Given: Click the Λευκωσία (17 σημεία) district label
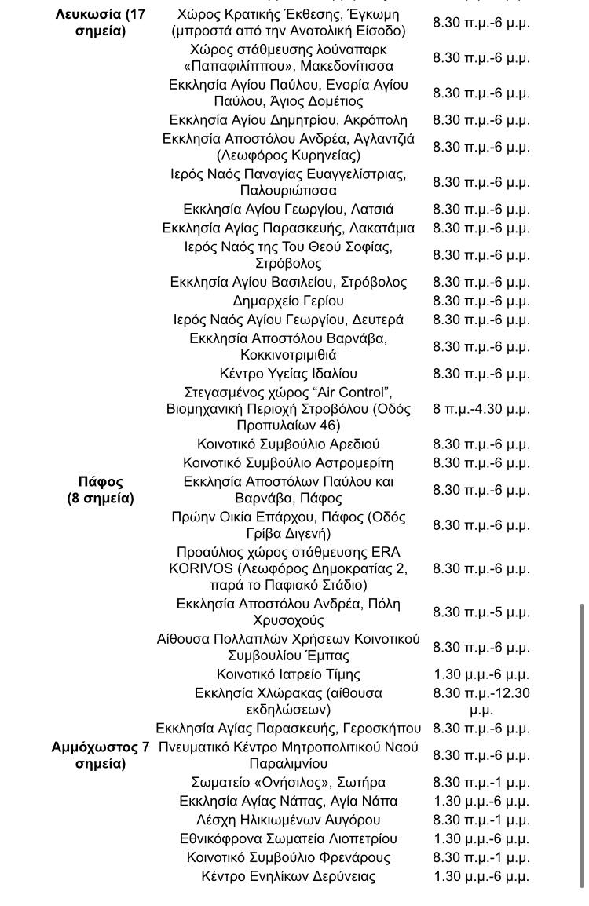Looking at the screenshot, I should [x=101, y=23].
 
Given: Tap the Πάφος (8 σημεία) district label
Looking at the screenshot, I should [x=101, y=490].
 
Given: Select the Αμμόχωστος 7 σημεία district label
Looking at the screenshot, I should [x=101, y=755].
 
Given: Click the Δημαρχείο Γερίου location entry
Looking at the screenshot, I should [x=288, y=301].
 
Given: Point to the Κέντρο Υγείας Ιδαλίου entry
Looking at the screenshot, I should [x=288, y=374].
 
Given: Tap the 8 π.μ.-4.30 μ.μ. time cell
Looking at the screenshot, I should [x=481, y=409].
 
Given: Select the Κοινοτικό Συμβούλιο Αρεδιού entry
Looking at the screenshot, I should [x=288, y=444].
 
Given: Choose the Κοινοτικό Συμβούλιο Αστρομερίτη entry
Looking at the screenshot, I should [x=288, y=463].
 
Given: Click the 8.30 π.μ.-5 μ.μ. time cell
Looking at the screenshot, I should [x=481, y=612].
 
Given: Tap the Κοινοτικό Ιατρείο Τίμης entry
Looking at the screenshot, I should [x=288, y=674].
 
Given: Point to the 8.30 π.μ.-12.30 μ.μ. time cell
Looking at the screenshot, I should [x=481, y=701].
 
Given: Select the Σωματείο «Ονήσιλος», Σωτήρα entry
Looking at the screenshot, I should [x=288, y=783].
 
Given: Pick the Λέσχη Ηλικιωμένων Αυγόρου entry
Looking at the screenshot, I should [x=288, y=820].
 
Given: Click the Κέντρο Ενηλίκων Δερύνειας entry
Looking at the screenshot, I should [x=288, y=877].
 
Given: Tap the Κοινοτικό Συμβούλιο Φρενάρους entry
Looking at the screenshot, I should [x=288, y=858].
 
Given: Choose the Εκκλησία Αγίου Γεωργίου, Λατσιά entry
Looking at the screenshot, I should [x=288, y=210].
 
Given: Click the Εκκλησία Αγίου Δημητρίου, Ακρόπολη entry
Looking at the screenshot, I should [x=288, y=120].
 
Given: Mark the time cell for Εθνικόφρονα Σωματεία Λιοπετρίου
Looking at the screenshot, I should [x=481, y=839].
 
